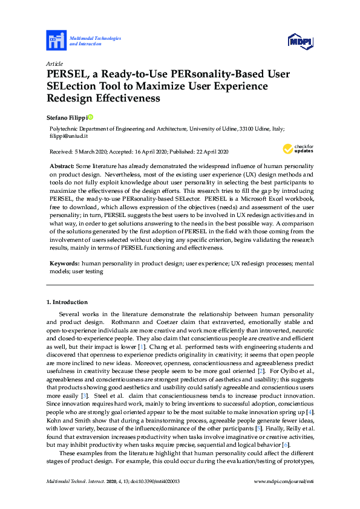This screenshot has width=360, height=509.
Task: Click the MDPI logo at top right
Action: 299,41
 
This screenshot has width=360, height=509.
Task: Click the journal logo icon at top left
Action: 56,41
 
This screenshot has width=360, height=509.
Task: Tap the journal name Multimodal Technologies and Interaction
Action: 95,41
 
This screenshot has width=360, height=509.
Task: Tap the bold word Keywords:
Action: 65,264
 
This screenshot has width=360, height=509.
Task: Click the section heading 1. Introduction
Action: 67,302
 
